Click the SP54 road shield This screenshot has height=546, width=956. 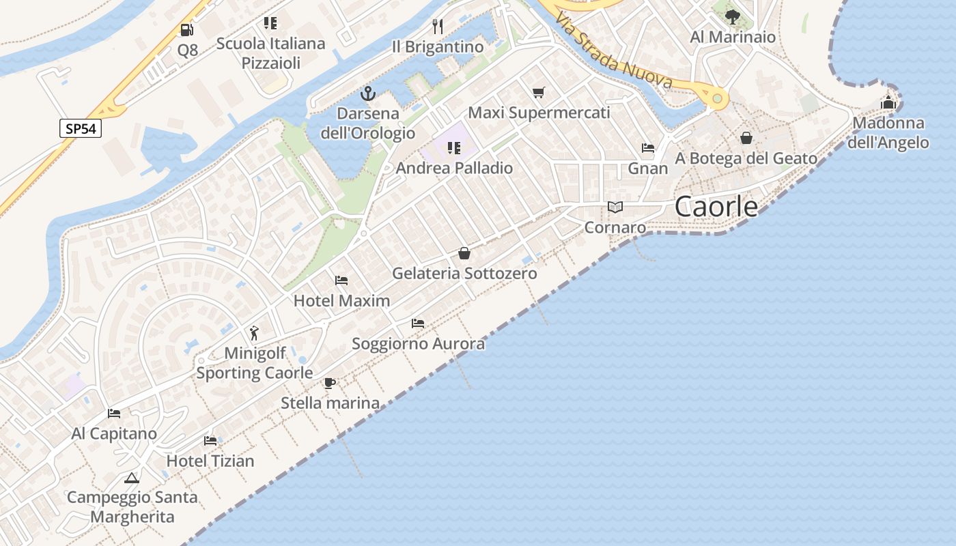coord(81,128)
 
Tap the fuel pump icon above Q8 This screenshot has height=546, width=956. coord(186,30)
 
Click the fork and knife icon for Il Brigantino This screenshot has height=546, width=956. coord(438,27)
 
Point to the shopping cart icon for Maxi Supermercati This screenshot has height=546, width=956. coord(539,92)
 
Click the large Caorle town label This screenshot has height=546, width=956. coord(716,207)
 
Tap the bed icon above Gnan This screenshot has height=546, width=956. coord(647,148)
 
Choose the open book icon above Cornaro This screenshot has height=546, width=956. coord(615,207)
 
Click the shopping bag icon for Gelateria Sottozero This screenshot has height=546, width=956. coord(464,253)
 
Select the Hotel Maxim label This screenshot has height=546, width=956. coord(341,300)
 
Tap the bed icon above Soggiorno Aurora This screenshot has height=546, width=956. coord(418,324)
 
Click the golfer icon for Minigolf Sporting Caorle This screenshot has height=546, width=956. coord(255,333)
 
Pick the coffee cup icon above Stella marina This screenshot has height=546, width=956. coord(330,383)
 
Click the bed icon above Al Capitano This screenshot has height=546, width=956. coord(114,414)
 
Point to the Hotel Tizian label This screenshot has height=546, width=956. coord(210,461)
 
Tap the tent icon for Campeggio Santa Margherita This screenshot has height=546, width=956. coord(132,478)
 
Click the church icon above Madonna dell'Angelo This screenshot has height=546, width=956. coord(888,103)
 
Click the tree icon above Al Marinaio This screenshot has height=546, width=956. coord(733,16)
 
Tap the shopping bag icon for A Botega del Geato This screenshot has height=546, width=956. coord(746,138)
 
